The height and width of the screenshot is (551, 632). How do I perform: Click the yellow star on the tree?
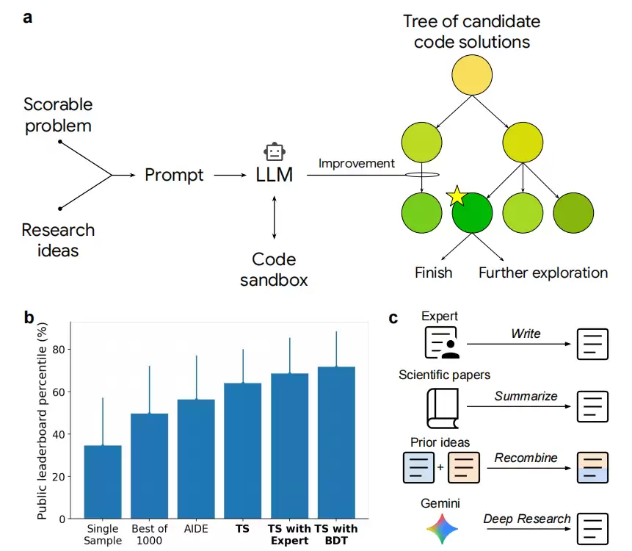click(x=457, y=196)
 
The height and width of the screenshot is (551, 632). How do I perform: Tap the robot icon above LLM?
click(x=275, y=152)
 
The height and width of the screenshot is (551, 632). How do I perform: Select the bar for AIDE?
click(x=196, y=459)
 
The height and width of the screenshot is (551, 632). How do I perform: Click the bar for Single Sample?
click(x=102, y=482)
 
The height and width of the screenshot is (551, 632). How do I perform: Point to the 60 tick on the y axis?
click(x=59, y=392)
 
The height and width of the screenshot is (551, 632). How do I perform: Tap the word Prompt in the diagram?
click(x=174, y=176)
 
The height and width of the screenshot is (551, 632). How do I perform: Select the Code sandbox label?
click(x=274, y=269)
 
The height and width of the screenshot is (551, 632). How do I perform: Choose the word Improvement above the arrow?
click(x=357, y=163)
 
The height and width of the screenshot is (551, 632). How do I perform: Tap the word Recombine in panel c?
click(x=526, y=458)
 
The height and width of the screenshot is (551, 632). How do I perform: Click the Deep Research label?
click(x=526, y=519)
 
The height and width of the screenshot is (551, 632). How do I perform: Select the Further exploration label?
click(x=543, y=273)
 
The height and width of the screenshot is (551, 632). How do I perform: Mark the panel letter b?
click(x=29, y=318)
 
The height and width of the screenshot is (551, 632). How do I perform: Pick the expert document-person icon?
click(x=442, y=343)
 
